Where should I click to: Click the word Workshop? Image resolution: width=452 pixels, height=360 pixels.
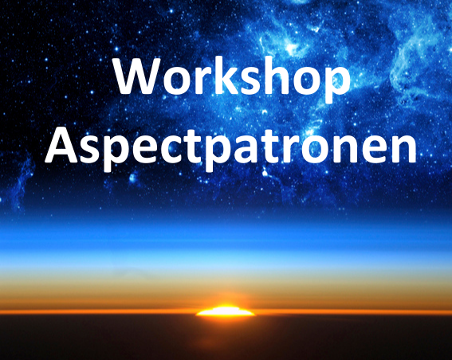232,78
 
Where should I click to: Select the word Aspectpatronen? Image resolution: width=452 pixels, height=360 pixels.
230,147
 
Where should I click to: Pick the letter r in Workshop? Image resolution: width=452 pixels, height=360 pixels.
197,80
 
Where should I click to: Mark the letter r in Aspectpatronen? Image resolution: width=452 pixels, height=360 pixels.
289,149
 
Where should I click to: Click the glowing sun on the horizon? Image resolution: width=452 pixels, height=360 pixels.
225,311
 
